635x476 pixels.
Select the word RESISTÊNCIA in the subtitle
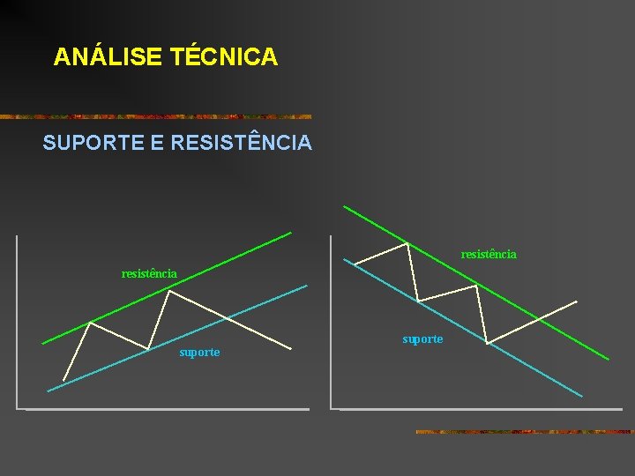tap(241, 142)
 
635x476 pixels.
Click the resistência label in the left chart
tap(149, 274)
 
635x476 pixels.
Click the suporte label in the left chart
tap(199, 353)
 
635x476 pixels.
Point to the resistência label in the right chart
tap(489, 254)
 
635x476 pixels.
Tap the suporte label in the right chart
tap(422, 339)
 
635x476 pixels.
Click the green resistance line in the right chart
tap(529, 309)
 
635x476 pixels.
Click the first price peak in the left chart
tap(90, 323)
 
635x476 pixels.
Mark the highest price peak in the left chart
tap(168, 292)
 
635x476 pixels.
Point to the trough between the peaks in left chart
tap(148, 348)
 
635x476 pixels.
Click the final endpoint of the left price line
tap(292, 348)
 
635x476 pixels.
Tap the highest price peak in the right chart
tap(407, 243)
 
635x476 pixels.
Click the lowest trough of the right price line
tap(487, 342)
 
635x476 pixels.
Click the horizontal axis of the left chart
tap(168, 409)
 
